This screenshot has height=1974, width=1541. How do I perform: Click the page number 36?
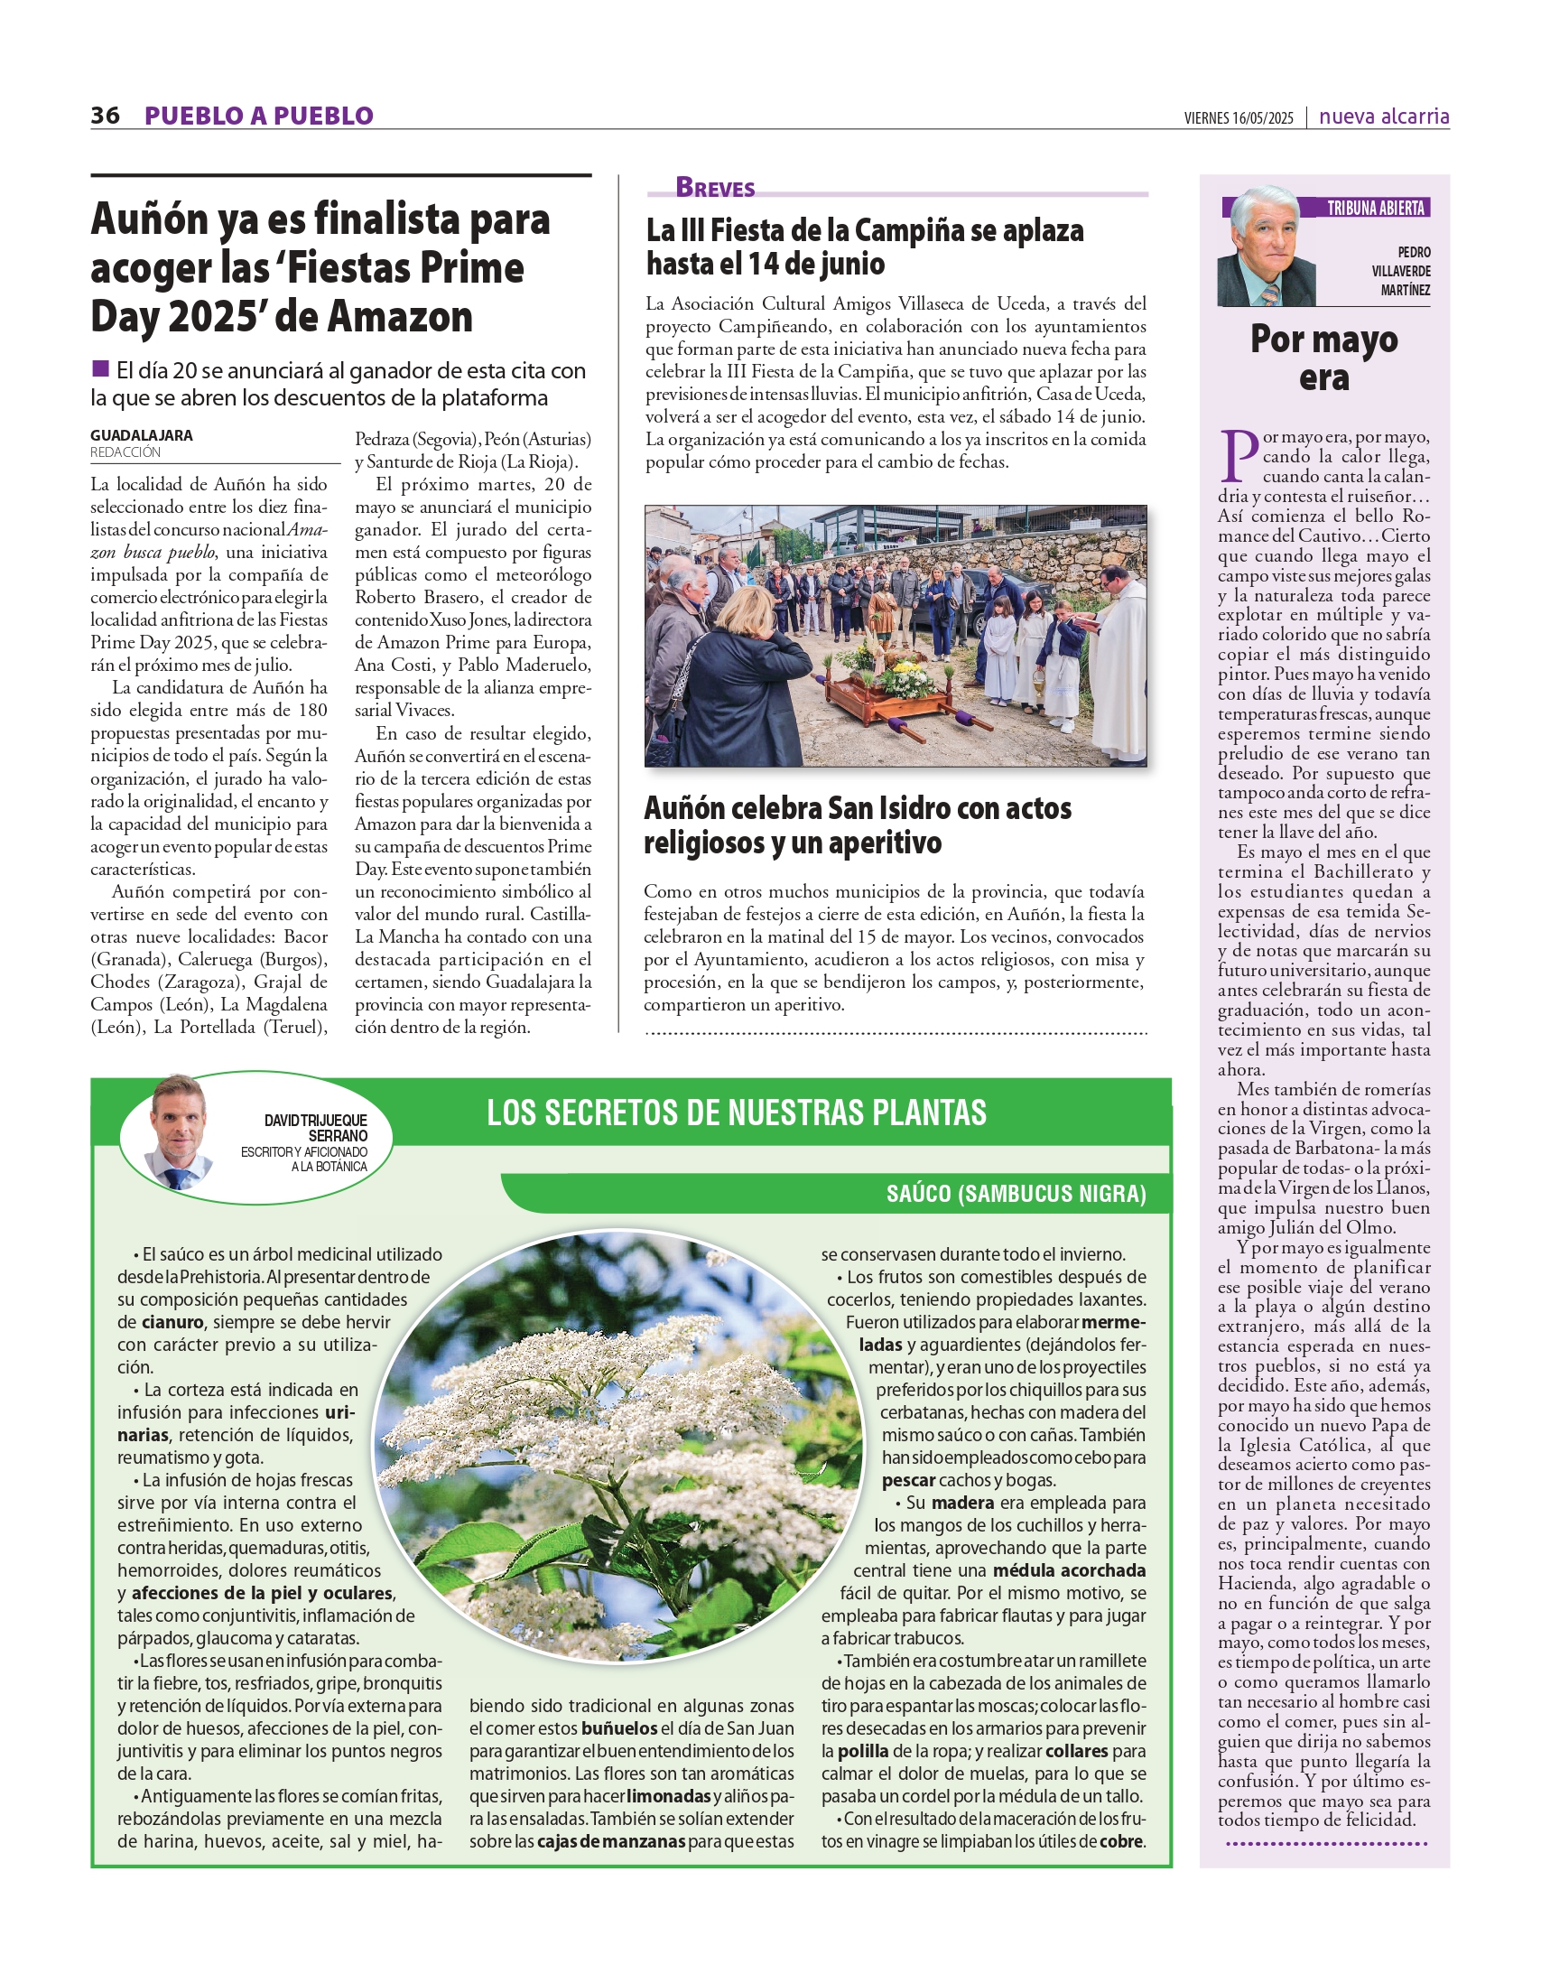tap(105, 116)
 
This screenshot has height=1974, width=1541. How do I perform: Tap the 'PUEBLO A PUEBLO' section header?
tap(258, 116)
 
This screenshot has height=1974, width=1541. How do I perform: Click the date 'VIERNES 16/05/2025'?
tap(1239, 118)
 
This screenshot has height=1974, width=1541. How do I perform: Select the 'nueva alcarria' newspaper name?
tap(1384, 116)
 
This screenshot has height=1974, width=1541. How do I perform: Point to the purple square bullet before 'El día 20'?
tap(100, 368)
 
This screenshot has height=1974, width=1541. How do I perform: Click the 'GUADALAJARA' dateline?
tap(141, 435)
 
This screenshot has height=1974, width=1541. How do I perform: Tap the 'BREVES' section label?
tap(715, 188)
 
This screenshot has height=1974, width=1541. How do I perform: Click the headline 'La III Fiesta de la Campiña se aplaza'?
tap(864, 231)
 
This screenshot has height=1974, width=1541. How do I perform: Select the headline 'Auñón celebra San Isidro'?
tap(857, 809)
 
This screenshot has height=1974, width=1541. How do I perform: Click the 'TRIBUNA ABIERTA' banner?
tap(1375, 209)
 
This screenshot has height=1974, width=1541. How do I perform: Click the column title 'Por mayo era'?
tap(1323, 358)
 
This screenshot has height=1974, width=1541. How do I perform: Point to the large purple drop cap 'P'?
tap(1239, 455)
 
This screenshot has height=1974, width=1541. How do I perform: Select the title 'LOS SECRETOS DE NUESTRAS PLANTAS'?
tap(736, 1113)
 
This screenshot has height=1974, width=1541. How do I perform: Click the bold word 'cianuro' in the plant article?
tap(172, 1322)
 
